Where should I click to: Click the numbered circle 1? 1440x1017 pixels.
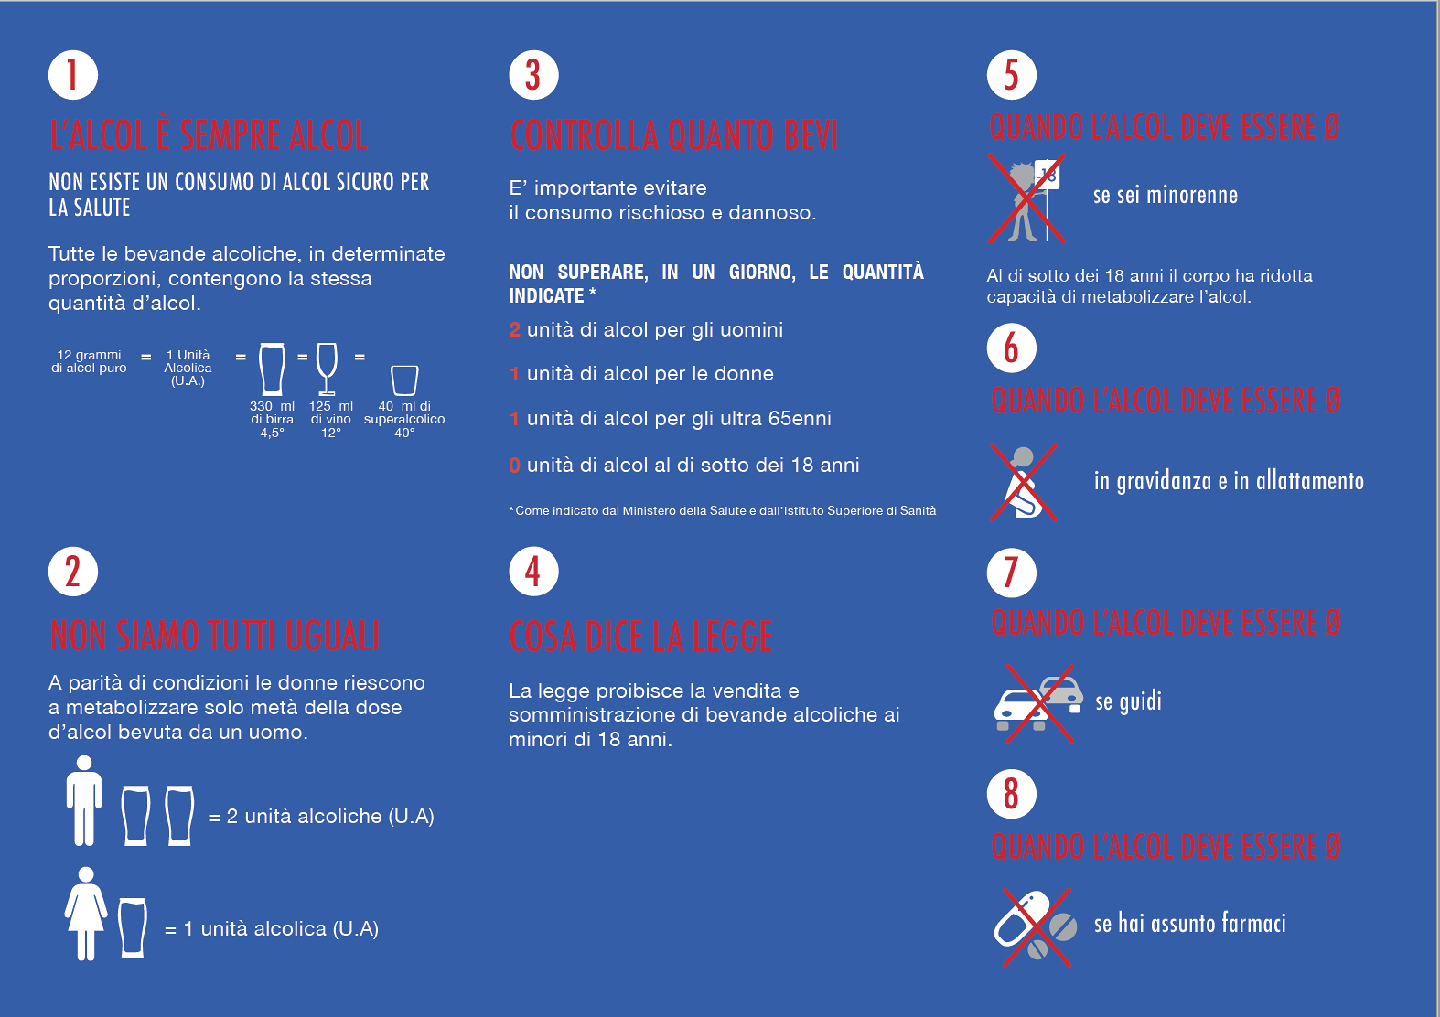click(72, 75)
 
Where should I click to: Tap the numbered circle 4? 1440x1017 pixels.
click(533, 571)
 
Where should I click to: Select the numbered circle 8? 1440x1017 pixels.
click(1011, 794)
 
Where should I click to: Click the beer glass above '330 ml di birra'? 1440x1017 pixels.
click(272, 369)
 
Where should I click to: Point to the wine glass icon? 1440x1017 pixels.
click(327, 369)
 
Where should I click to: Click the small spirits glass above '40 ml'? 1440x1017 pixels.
click(404, 380)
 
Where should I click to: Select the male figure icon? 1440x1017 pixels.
click(84, 800)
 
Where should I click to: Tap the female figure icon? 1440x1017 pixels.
click(85, 914)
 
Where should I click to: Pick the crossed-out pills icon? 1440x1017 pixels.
click(1036, 926)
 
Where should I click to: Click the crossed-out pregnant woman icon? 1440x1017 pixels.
click(1024, 482)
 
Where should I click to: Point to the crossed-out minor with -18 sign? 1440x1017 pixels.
click(1026, 198)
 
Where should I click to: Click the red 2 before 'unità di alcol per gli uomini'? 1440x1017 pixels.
click(514, 329)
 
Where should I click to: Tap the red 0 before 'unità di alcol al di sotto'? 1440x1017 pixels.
click(514, 466)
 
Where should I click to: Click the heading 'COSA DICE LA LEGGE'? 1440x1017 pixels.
click(641, 636)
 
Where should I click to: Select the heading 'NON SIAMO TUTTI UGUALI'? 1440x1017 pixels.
click(215, 635)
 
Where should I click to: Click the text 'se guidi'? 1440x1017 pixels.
click(1128, 701)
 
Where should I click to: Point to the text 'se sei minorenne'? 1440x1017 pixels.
click(1166, 195)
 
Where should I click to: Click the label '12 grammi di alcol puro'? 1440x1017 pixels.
click(89, 361)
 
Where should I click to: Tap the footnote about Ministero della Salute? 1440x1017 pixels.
click(723, 510)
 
